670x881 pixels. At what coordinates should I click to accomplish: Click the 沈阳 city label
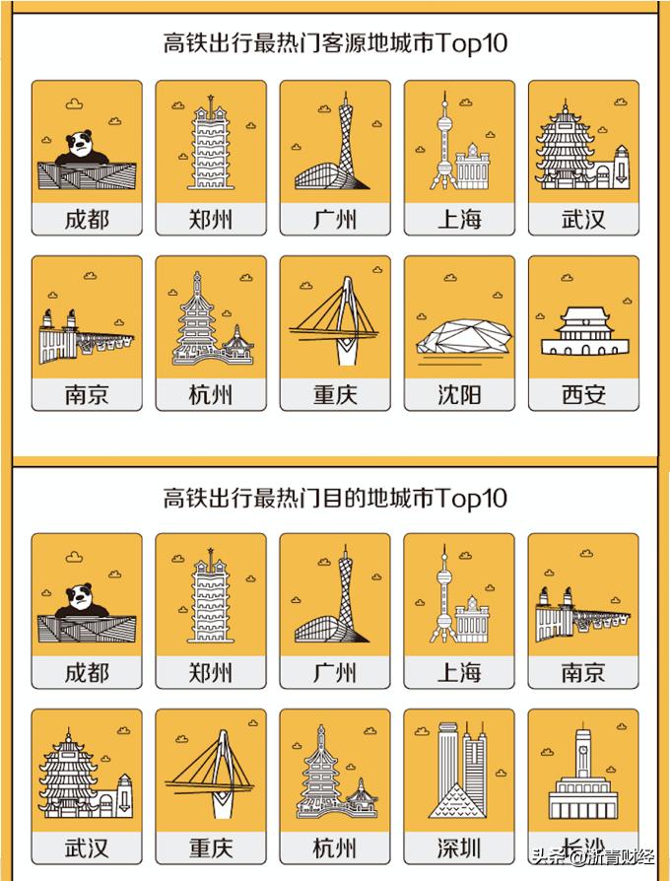pos(459,394)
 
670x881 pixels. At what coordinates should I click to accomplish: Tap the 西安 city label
pos(583,394)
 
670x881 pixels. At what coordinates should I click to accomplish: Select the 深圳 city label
pos(459,847)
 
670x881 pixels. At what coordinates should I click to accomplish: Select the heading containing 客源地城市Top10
pos(335,43)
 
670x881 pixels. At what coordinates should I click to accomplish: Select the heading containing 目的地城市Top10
pos(335,498)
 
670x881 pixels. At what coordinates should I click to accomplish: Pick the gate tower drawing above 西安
pos(583,331)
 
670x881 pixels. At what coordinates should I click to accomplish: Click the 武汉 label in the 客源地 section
pos(583,219)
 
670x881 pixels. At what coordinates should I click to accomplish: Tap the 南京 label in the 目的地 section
pos(583,672)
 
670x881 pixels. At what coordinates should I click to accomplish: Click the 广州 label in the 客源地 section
pos(335,219)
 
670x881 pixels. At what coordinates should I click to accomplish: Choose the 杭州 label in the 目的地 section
pos(335,847)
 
